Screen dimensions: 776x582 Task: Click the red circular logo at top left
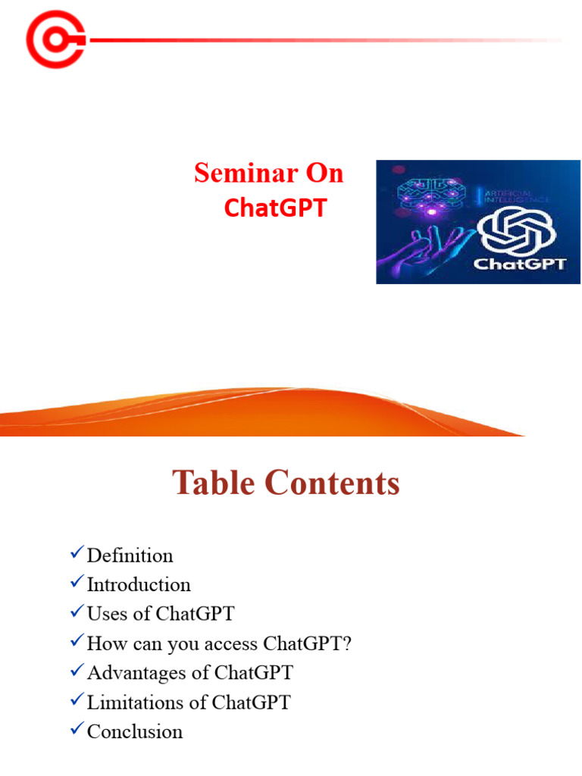coord(55,39)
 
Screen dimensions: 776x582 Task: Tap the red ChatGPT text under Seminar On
coord(275,208)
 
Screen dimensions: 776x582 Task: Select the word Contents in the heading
coord(334,483)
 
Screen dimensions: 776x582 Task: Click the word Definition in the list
coord(130,555)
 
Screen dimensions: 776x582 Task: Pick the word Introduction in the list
coord(139,585)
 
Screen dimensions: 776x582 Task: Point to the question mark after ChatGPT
coord(348,643)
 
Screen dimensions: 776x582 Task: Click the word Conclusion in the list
coord(135,731)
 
